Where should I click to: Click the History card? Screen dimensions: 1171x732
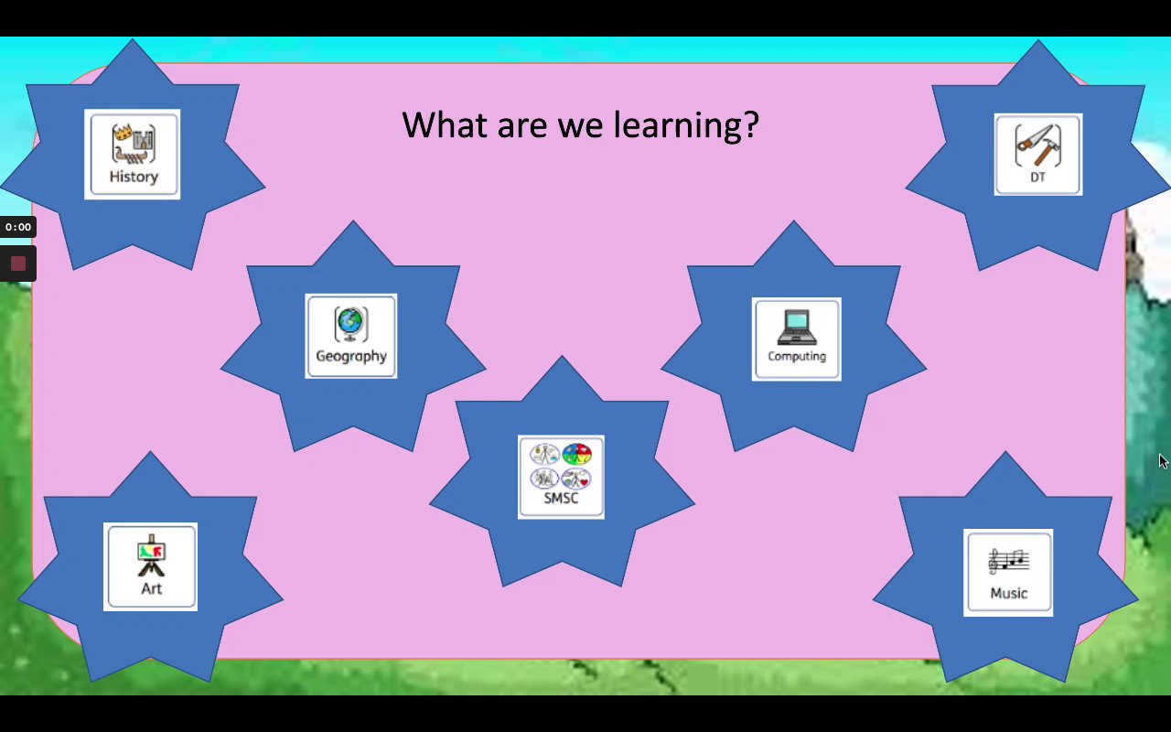coord(133,155)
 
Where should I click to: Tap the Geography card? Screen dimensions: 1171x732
coord(350,336)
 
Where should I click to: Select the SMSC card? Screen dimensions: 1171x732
coord(561,477)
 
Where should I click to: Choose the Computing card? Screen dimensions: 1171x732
coord(796,339)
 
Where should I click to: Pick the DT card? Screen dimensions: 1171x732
coord(1038,155)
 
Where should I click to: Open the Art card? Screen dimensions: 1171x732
coord(151,566)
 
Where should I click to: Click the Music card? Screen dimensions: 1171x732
coord(1008,573)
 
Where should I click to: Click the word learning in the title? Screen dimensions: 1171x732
coord(686,126)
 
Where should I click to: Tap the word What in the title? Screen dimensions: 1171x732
coord(445,124)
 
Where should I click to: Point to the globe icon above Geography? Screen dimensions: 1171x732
coord(350,324)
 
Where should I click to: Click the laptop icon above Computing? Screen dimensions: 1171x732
coord(797,328)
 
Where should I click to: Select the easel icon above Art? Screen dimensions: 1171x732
coord(151,555)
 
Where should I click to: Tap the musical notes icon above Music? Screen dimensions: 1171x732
coord(1008,562)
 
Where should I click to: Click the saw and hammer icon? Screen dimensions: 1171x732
coord(1038,145)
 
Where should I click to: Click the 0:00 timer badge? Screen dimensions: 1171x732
coord(17,227)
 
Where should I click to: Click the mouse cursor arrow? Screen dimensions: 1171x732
coord(1163,461)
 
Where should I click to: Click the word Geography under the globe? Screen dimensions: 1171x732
coord(351,357)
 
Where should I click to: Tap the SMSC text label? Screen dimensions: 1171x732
coord(561,499)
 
